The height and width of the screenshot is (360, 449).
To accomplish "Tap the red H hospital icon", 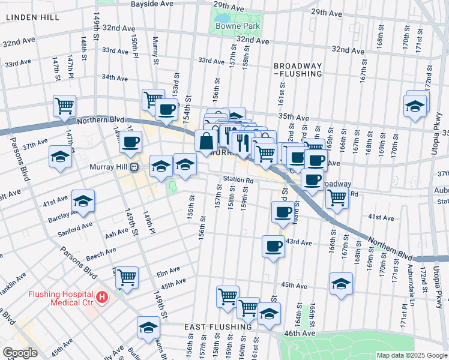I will coord(103,296).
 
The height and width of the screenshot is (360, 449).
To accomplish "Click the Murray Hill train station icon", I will coord(134,167).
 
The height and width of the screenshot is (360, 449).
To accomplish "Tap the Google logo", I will coord(20,353).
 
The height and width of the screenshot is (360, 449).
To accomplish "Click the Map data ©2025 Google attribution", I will coord(411,355).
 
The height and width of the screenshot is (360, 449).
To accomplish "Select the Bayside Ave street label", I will coord(152,4).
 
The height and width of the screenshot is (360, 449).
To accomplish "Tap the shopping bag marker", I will coord(206,142).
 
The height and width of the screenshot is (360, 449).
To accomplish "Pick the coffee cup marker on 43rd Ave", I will coord(274,246).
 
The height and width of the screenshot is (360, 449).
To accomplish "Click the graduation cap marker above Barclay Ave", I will coord(83,202).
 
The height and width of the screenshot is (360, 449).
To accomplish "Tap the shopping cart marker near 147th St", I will coord(64,106).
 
